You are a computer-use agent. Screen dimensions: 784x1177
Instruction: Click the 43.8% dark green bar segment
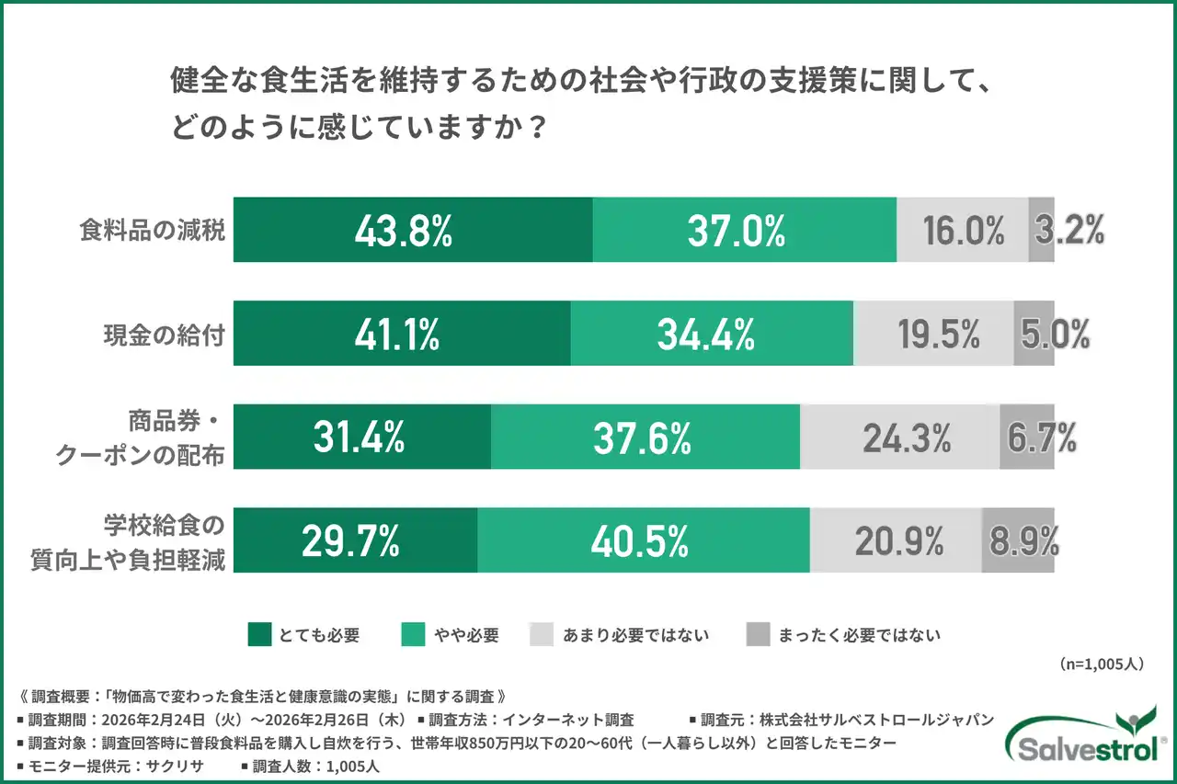click(x=413, y=230)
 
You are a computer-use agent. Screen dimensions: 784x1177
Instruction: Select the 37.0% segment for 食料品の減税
click(x=744, y=230)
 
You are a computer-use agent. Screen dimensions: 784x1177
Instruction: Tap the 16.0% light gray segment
click(x=963, y=230)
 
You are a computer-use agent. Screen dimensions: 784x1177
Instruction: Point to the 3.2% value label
click(x=1068, y=231)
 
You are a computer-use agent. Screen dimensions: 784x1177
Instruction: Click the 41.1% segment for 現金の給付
click(x=402, y=333)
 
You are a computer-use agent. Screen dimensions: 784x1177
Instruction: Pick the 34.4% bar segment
click(x=712, y=333)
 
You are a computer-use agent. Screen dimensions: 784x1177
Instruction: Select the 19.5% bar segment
click(x=934, y=333)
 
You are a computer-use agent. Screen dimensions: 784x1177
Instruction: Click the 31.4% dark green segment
click(x=361, y=437)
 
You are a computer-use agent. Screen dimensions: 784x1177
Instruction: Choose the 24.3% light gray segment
click(x=900, y=437)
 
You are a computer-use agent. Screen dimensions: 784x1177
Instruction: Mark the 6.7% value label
click(x=1041, y=438)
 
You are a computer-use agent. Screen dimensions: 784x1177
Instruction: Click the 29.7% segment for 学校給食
click(x=355, y=540)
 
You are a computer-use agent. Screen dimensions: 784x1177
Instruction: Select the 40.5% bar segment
click(x=644, y=540)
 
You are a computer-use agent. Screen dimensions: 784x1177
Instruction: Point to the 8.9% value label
click(x=1021, y=541)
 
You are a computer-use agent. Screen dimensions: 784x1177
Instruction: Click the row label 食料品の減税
click(x=152, y=231)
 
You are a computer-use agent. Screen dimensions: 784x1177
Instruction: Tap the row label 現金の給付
click(x=163, y=334)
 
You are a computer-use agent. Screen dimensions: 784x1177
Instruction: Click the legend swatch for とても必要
click(x=259, y=634)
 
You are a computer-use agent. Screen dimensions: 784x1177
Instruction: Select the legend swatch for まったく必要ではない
click(x=757, y=634)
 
